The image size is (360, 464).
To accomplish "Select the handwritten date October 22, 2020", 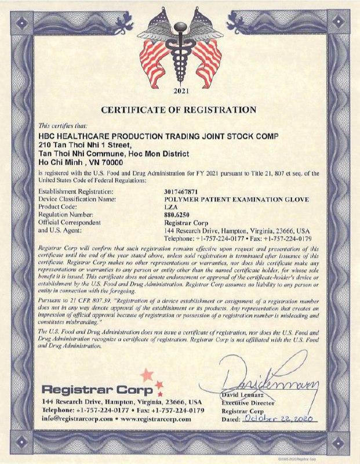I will (279, 418).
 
